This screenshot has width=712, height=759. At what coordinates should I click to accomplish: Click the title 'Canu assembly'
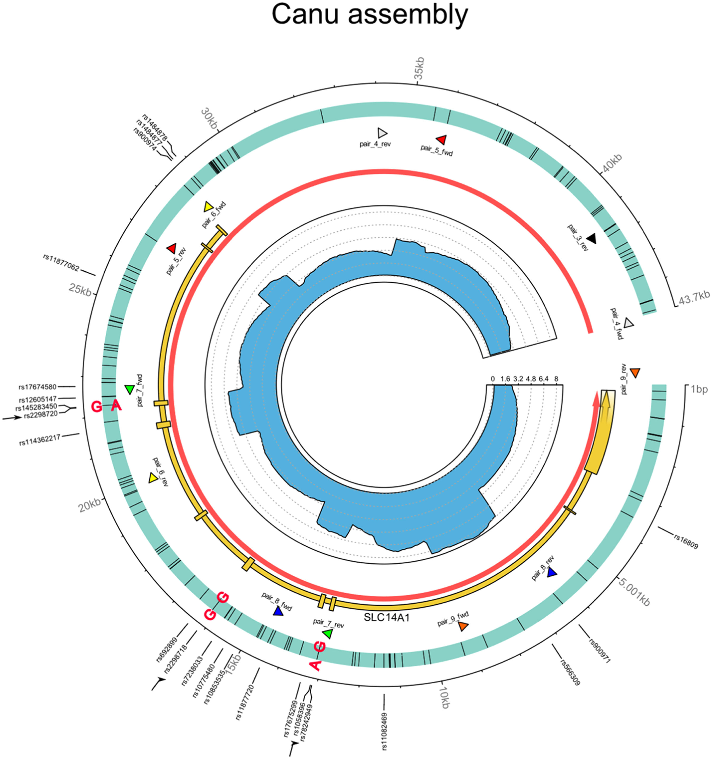click(x=369, y=14)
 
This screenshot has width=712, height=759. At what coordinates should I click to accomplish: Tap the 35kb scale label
click(x=419, y=68)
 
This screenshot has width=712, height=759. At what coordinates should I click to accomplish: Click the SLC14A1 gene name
click(x=387, y=617)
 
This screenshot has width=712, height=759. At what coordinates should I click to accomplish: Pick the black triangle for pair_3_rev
click(x=591, y=239)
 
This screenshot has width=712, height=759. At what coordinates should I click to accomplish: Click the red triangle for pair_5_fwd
click(x=442, y=139)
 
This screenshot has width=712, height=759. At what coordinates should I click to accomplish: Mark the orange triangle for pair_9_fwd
click(x=463, y=626)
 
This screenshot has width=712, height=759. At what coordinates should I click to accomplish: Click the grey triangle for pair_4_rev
click(x=382, y=133)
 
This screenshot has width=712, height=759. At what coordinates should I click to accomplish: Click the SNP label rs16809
click(x=686, y=541)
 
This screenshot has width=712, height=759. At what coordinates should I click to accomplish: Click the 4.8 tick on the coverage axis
click(x=531, y=379)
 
